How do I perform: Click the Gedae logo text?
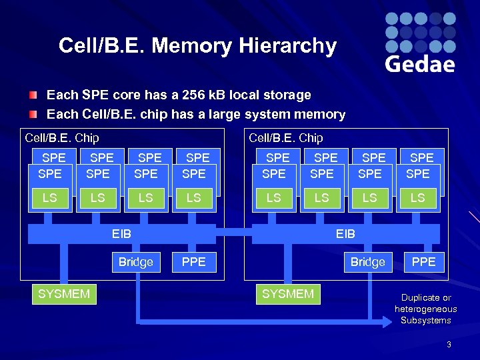click(420, 64)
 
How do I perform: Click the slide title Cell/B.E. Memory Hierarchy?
click(197, 46)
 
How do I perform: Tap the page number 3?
click(449, 344)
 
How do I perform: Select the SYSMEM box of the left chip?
click(64, 293)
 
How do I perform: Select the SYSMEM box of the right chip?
click(288, 293)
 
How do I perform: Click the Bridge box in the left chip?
click(135, 262)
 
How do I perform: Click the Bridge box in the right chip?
click(368, 262)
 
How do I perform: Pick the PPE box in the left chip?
click(194, 262)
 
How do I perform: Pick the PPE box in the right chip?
click(423, 262)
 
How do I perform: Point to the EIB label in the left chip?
click(121, 233)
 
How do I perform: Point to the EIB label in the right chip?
click(345, 233)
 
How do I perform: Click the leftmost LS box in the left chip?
click(50, 198)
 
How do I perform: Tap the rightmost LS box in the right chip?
click(418, 198)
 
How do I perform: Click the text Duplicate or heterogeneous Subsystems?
click(425, 309)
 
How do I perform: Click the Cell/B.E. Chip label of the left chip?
click(61, 138)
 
